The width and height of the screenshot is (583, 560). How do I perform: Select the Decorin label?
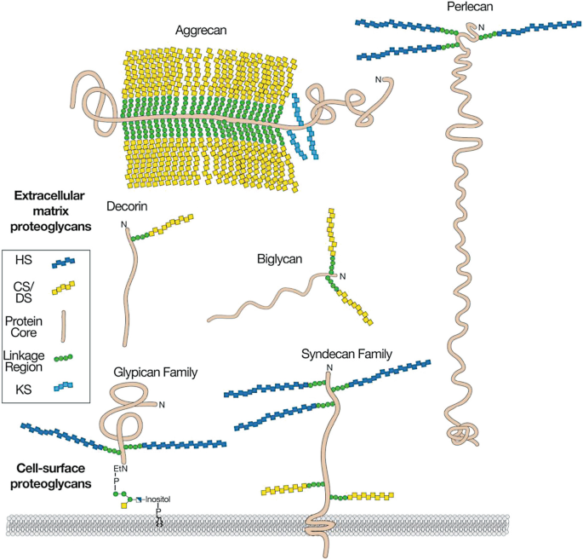[129, 206]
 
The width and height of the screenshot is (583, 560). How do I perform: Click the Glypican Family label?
[156, 372]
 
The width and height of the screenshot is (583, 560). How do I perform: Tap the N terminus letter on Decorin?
[125, 225]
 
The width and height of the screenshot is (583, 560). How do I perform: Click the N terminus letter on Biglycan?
[343, 277]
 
